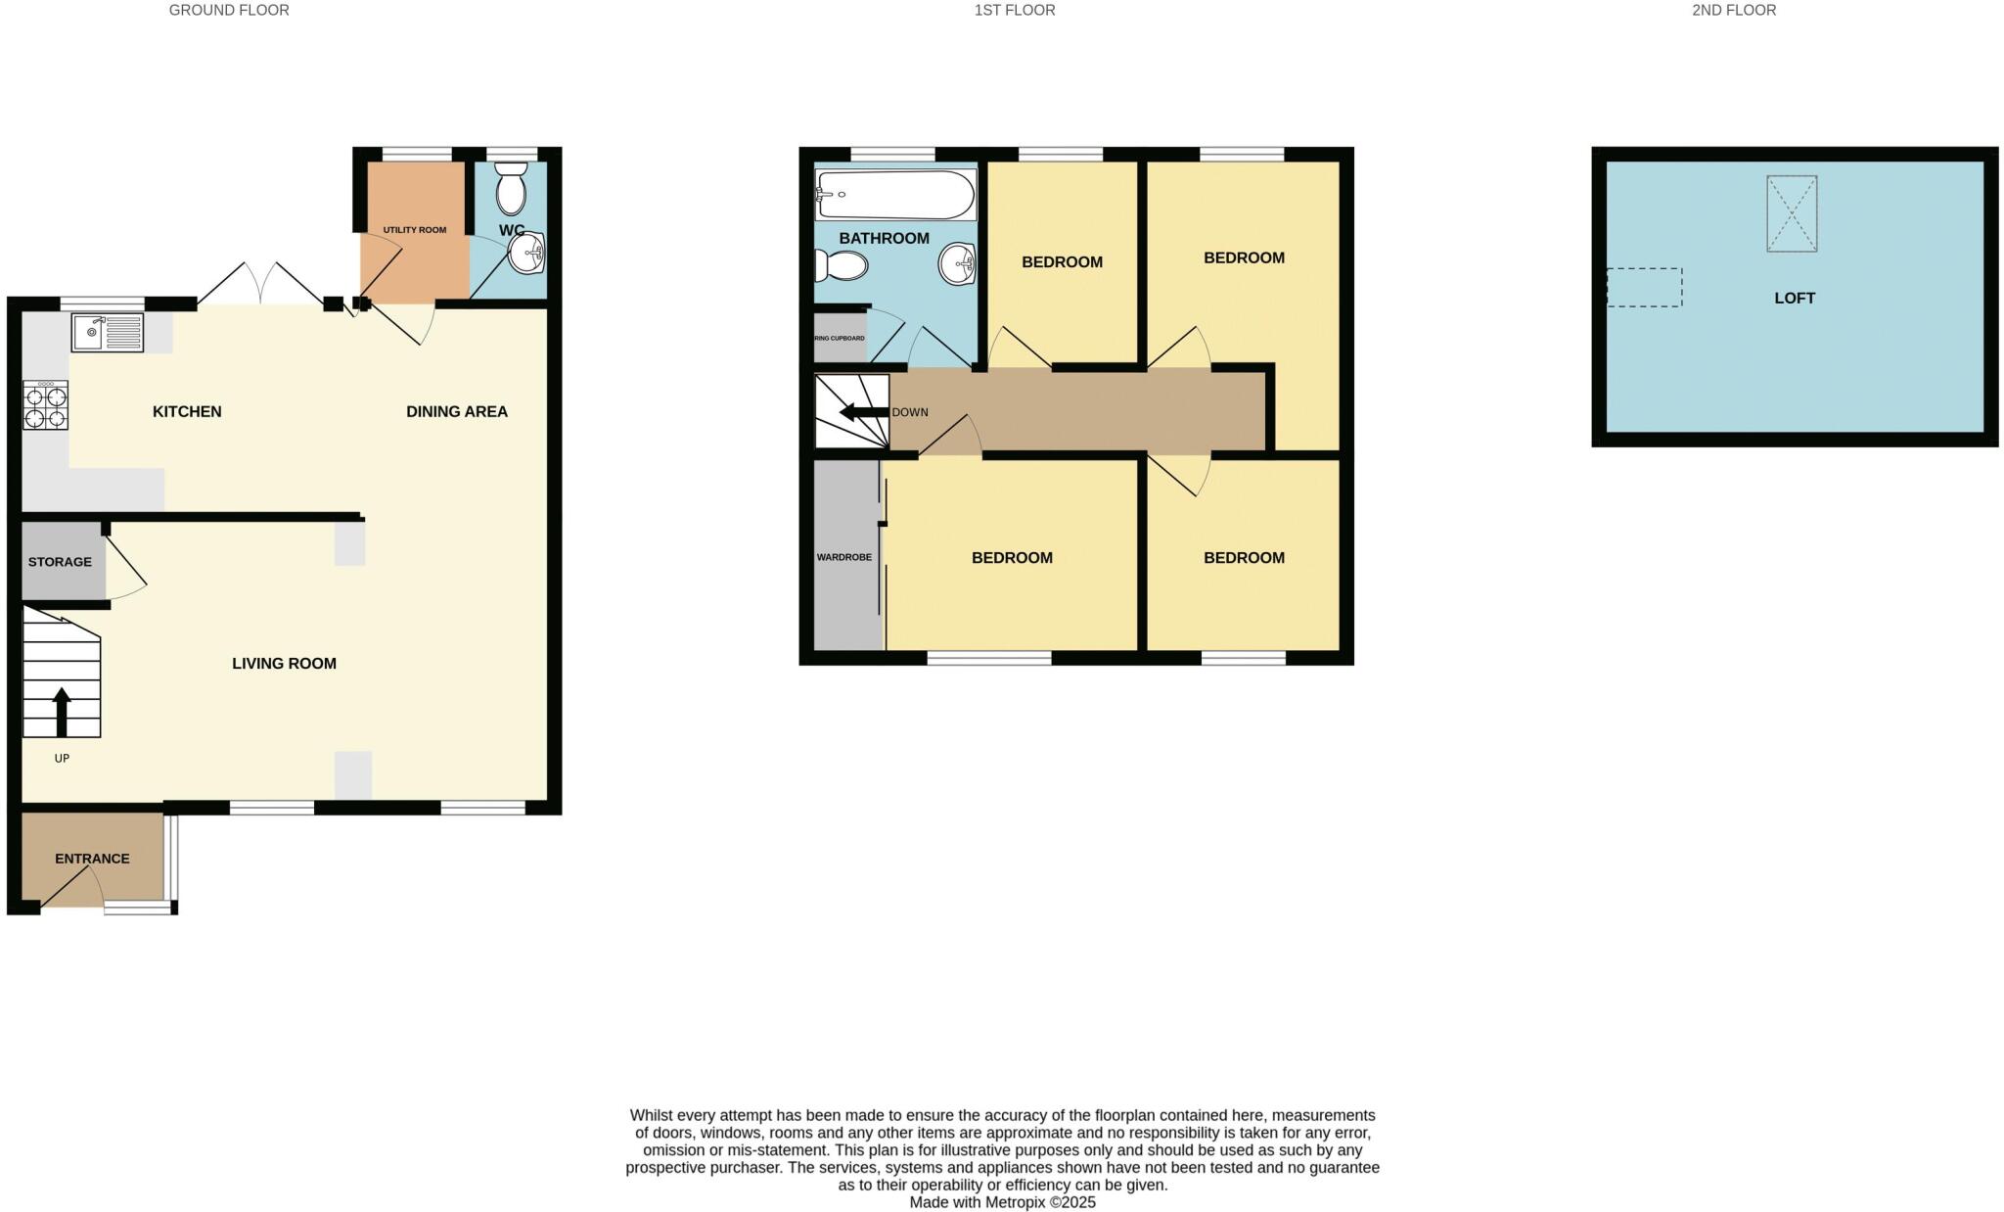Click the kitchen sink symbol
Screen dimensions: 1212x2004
[x=108, y=332]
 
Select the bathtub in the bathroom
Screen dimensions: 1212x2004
[x=895, y=195]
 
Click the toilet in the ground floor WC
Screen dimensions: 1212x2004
[x=511, y=189]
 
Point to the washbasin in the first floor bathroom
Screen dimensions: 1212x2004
[x=957, y=262]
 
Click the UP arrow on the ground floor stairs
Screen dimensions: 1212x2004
[x=62, y=711]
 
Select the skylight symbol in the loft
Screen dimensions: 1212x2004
[x=1791, y=213]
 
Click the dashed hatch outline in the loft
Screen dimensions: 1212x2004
[x=1644, y=288]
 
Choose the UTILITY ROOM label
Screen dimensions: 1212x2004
[x=414, y=230]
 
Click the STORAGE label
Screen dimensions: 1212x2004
[x=60, y=562]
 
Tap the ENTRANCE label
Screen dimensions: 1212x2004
[x=92, y=859]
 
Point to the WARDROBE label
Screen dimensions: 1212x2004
[x=843, y=557]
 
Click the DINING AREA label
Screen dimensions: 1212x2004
[x=457, y=411]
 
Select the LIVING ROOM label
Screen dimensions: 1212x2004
[x=284, y=663]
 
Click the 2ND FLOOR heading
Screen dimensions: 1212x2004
[x=1734, y=10]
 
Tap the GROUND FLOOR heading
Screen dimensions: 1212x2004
[x=229, y=10]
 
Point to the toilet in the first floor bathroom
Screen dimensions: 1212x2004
[x=843, y=265]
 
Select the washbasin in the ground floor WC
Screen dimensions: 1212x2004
[x=527, y=255]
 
